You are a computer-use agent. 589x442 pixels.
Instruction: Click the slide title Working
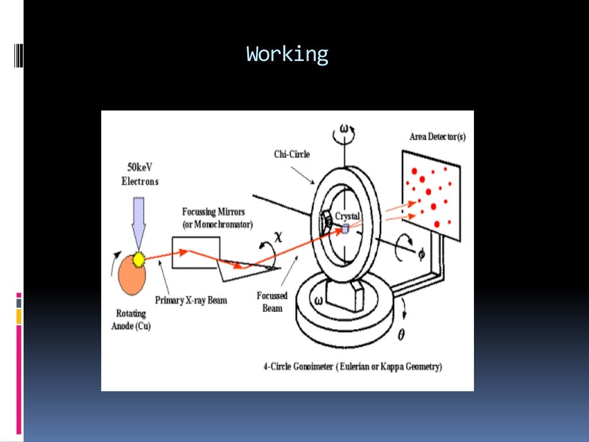(287, 55)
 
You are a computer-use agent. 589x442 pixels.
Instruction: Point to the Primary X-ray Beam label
(191, 300)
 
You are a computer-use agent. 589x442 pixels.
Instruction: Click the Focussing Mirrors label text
(217, 217)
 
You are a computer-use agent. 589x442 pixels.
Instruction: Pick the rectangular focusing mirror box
(196, 252)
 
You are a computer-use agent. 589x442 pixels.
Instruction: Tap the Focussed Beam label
(272, 302)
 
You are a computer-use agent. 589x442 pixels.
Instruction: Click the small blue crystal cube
(345, 229)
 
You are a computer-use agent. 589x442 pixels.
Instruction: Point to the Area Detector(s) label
(438, 136)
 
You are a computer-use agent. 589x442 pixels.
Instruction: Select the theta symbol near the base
(401, 334)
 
